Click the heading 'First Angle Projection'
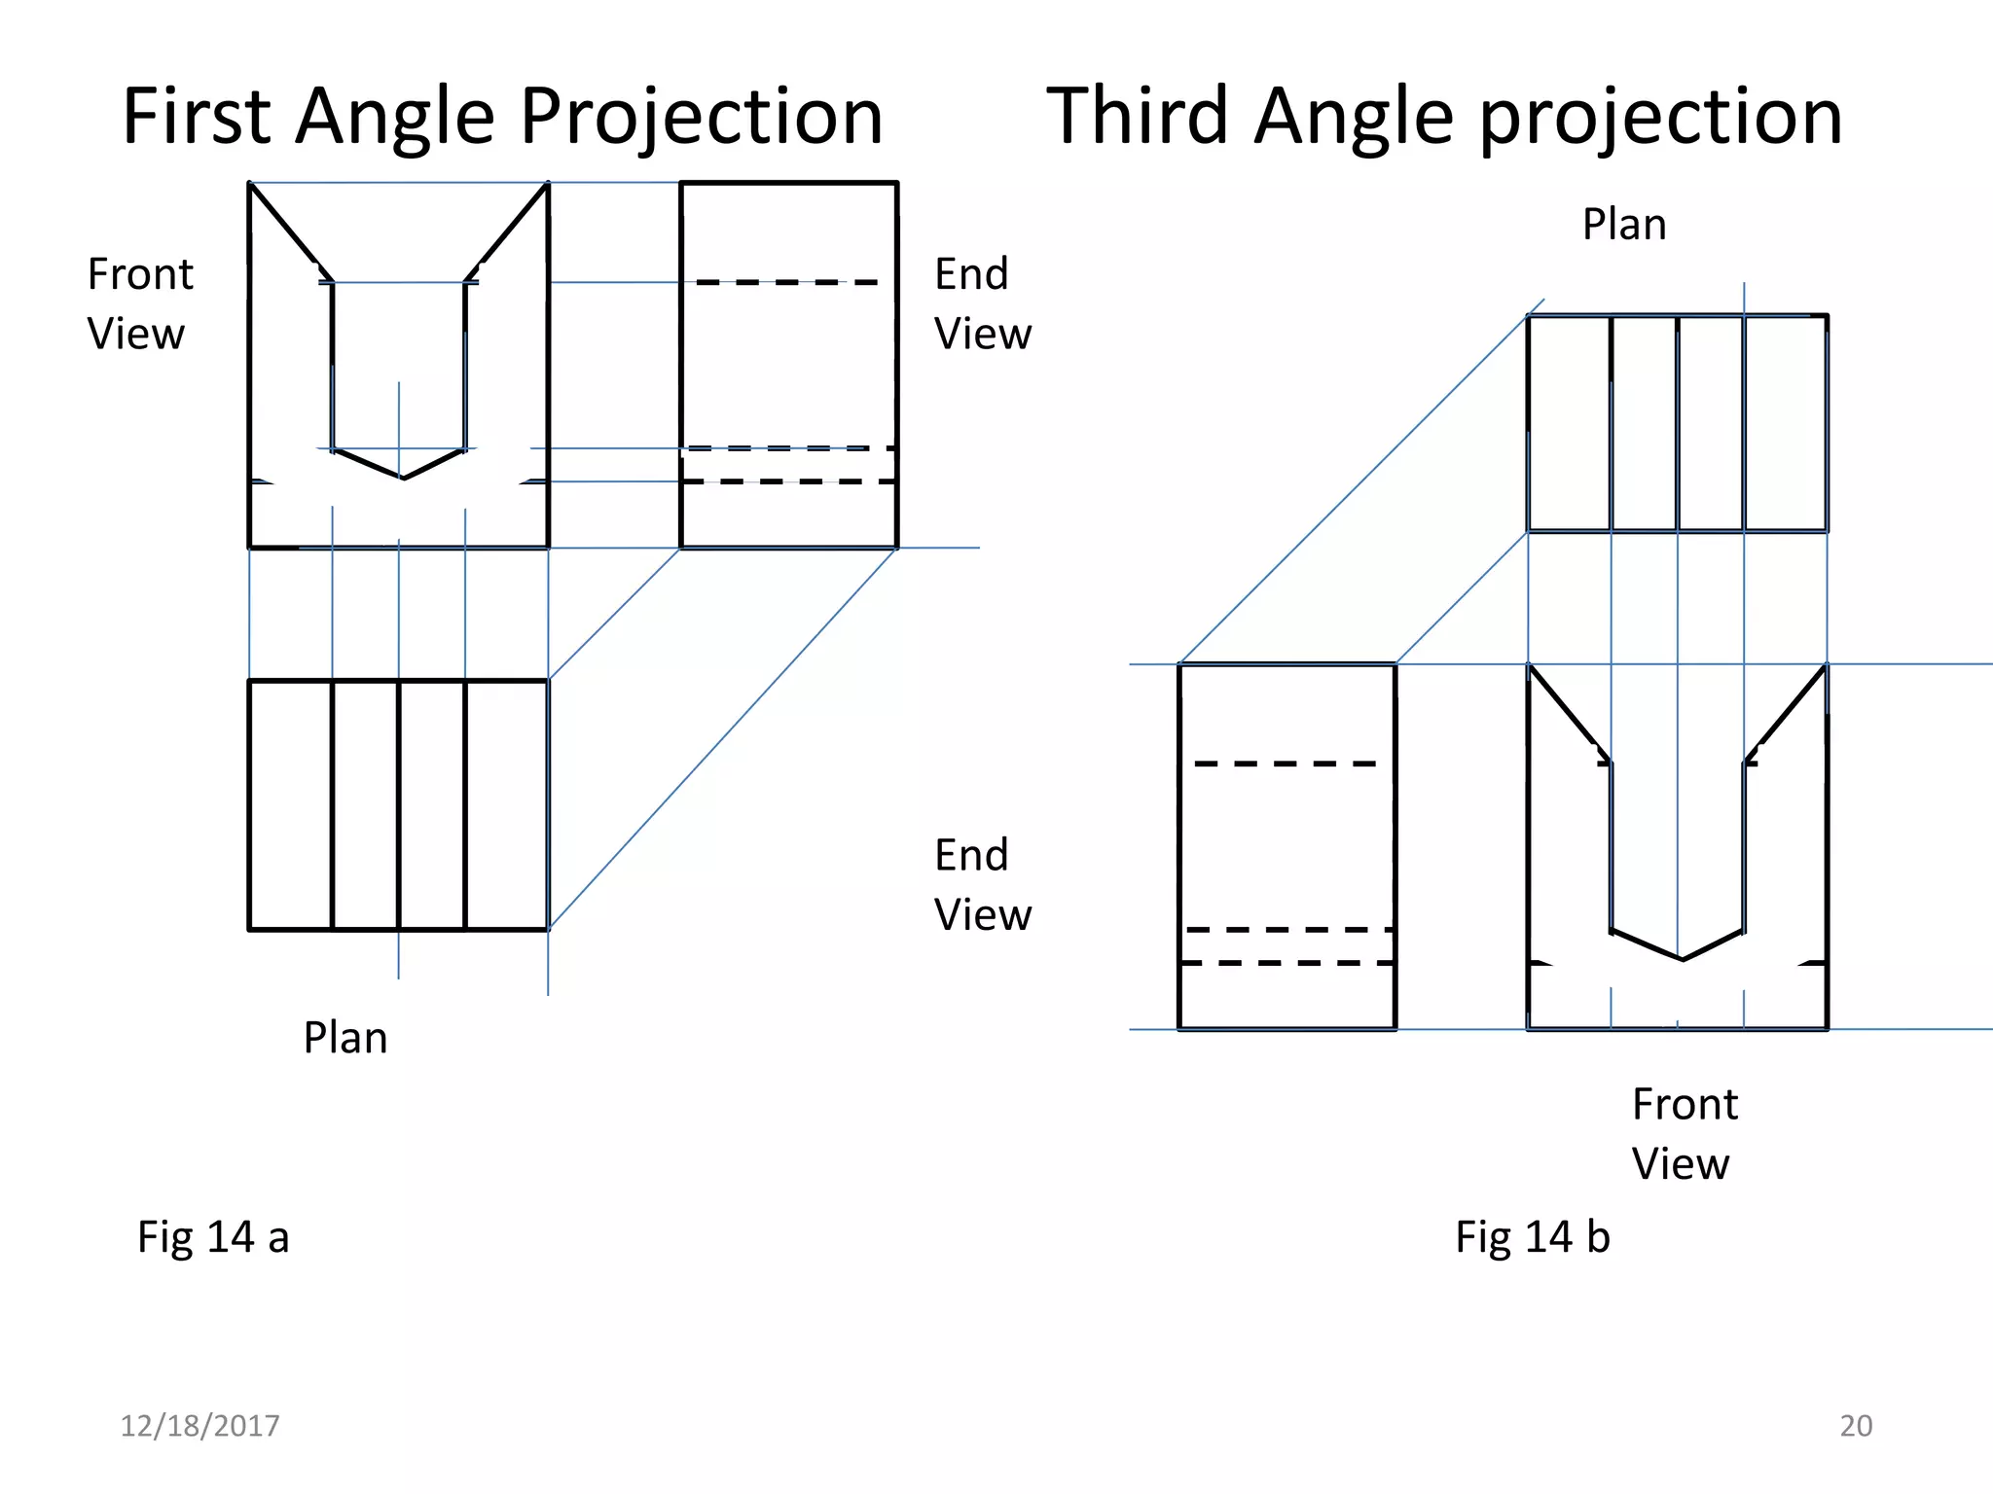click(x=502, y=116)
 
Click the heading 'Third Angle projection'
click(x=1444, y=116)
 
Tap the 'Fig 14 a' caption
click(x=213, y=1237)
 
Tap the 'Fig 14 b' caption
click(x=1532, y=1237)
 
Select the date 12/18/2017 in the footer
click(x=199, y=1426)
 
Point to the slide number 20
click(x=1856, y=1426)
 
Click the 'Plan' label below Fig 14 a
click(x=345, y=1038)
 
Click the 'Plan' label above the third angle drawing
click(x=1624, y=225)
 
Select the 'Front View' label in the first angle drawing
click(x=139, y=303)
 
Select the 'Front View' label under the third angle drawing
click(x=1684, y=1133)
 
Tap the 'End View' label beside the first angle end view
click(x=982, y=303)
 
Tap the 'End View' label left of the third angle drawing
click(x=982, y=884)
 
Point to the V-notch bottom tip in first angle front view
click(x=403, y=478)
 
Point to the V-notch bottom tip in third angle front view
click(x=1683, y=960)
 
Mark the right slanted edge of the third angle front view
click(x=1787, y=713)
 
